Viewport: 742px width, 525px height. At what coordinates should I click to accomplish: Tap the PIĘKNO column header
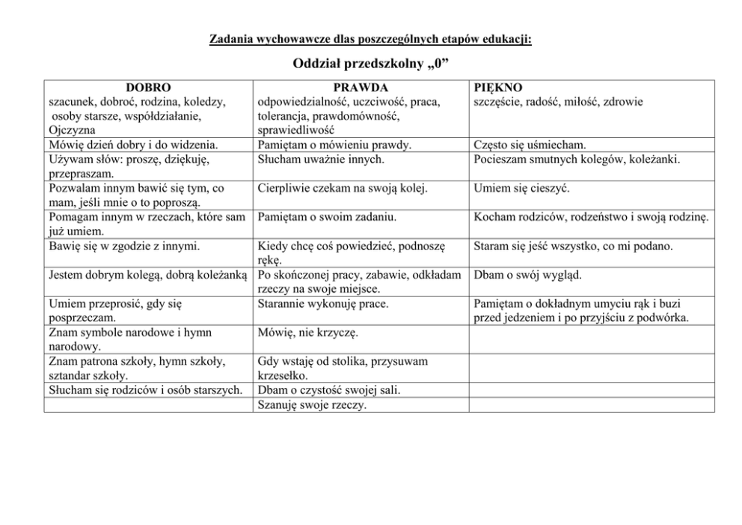(499, 88)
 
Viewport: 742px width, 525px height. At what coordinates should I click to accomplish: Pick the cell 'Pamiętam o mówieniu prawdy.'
(334, 145)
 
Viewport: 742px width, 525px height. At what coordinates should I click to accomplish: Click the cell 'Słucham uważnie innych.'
(322, 159)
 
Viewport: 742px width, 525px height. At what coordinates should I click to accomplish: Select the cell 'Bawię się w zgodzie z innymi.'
(123, 246)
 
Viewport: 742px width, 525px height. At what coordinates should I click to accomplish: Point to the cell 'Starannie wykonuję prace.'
(323, 303)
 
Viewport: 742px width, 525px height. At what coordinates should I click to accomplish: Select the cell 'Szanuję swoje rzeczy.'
(312, 404)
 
